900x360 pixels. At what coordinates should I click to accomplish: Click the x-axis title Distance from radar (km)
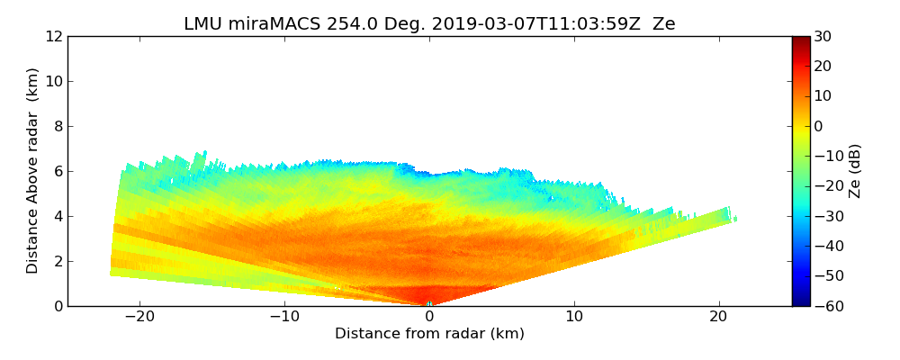429,334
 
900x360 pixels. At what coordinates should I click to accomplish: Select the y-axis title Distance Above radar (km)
33,170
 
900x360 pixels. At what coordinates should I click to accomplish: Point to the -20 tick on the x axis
139,317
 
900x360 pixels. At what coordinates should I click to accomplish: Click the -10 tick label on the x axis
284,317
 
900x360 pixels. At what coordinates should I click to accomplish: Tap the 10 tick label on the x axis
574,317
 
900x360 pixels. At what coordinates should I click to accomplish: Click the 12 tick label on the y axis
53,36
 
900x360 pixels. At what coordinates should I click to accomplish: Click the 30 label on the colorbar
823,36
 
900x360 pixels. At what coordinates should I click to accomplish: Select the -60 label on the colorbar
826,306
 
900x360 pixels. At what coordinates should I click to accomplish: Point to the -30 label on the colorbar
826,216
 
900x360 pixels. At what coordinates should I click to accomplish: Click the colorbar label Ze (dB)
855,170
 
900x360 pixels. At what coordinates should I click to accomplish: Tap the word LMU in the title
202,24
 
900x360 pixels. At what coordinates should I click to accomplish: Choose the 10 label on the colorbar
823,96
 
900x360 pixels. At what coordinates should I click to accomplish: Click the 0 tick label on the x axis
429,317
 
